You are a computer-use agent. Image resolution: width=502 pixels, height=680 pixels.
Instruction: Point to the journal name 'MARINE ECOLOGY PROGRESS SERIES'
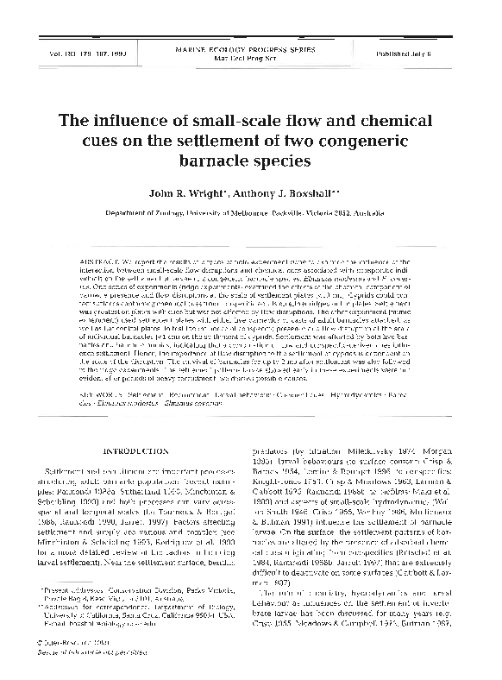pyautogui.click(x=250, y=51)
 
